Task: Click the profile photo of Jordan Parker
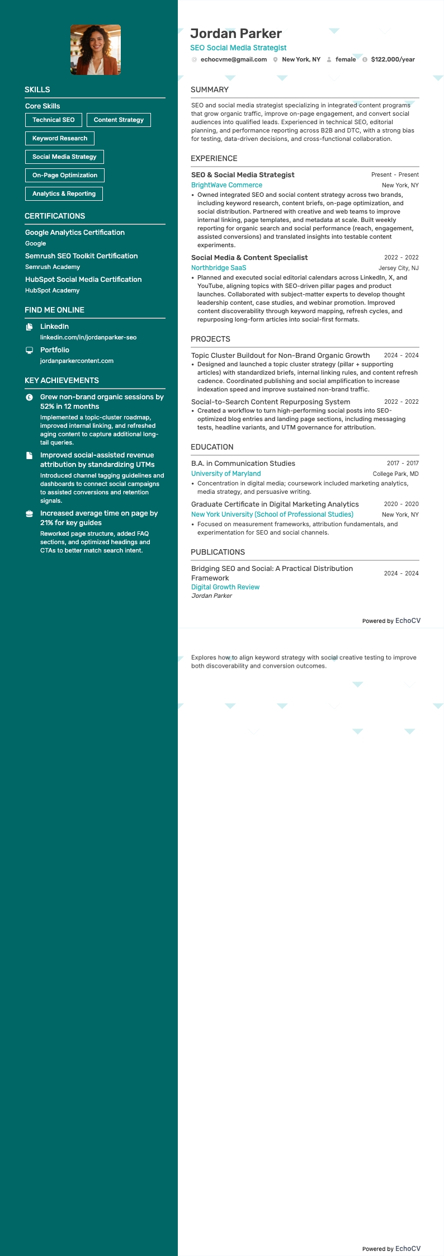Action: [x=96, y=50]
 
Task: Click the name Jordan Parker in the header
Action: [x=236, y=34]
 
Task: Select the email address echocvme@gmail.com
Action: [x=234, y=59]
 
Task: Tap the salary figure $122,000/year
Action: [x=393, y=59]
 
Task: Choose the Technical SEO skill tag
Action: [x=54, y=120]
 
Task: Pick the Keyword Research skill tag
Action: [x=60, y=138]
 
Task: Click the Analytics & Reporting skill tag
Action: [x=64, y=193]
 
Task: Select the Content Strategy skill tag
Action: [x=119, y=120]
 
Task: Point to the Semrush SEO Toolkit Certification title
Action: [x=81, y=256]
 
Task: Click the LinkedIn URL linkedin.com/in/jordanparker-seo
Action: [x=88, y=337]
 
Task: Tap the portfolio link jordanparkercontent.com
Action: [x=77, y=361]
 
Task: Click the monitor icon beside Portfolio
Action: [x=30, y=350]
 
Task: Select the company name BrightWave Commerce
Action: [x=226, y=185]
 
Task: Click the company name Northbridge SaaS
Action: [x=219, y=268]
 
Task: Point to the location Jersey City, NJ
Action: [x=398, y=268]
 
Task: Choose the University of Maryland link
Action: [x=226, y=474]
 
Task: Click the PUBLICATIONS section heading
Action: [x=218, y=552]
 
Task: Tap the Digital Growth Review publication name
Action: [x=225, y=587]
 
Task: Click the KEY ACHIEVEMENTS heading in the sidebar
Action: [x=62, y=380]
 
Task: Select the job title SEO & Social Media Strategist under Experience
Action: [x=243, y=174]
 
